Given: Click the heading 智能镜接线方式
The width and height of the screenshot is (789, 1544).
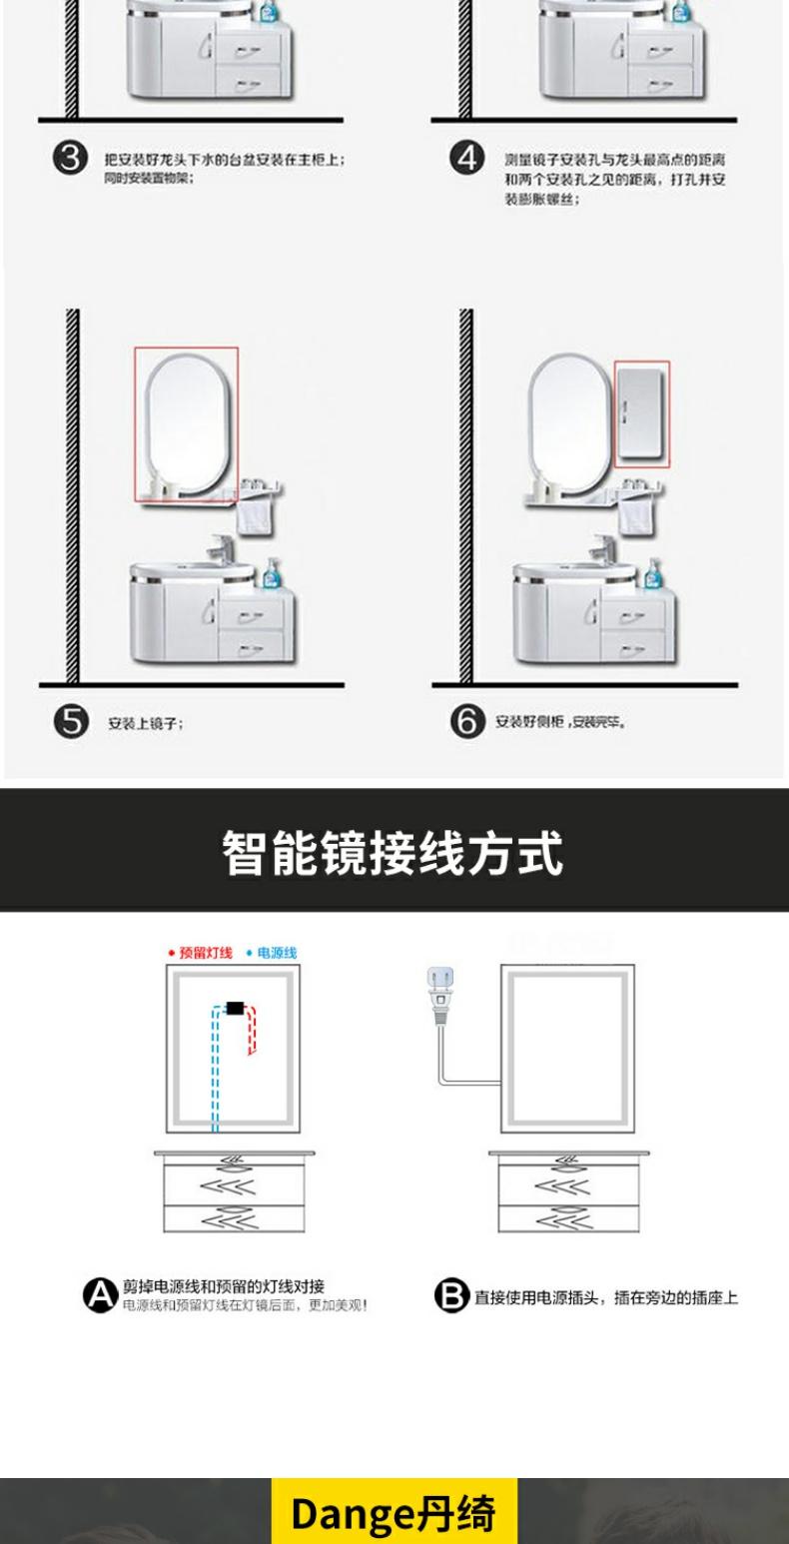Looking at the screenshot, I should pos(394,852).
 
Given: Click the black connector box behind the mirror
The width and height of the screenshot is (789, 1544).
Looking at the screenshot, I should pos(237,1008).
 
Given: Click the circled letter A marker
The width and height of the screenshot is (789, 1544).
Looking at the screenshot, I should pos(99,1296).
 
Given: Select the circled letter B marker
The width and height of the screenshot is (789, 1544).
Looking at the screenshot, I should pos(450,1296).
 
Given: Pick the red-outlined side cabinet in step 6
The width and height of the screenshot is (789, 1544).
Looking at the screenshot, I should pos(641,413).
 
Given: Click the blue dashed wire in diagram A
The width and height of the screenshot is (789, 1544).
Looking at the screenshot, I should pos(214,1069).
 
